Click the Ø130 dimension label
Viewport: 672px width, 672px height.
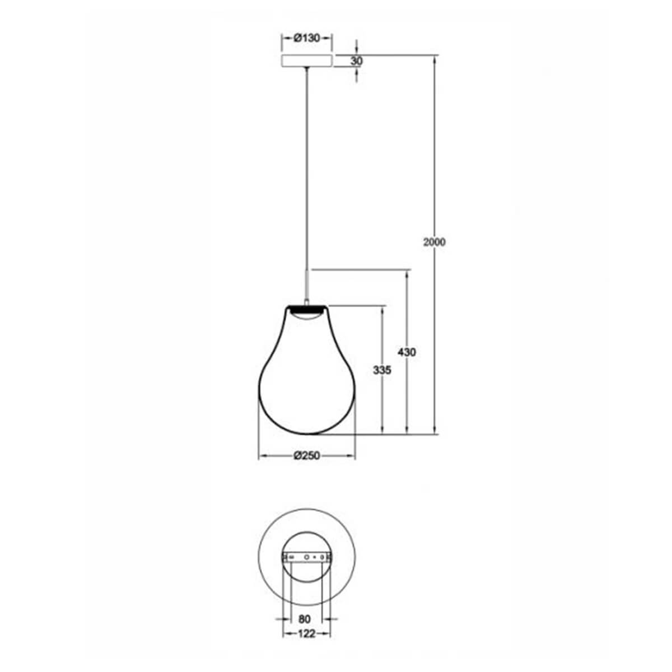306,38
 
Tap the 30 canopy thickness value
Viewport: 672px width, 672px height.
357,61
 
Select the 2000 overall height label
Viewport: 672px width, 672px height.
435,242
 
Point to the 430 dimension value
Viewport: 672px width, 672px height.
407,352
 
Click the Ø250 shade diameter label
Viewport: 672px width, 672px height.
306,456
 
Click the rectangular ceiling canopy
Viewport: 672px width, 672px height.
306,61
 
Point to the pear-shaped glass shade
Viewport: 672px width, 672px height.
306,386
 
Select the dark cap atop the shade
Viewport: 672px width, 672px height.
306,307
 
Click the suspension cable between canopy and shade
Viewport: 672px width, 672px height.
306,168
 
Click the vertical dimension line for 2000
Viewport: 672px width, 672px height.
435,168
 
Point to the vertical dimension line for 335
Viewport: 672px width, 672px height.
382,403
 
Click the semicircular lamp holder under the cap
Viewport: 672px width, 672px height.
306,315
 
